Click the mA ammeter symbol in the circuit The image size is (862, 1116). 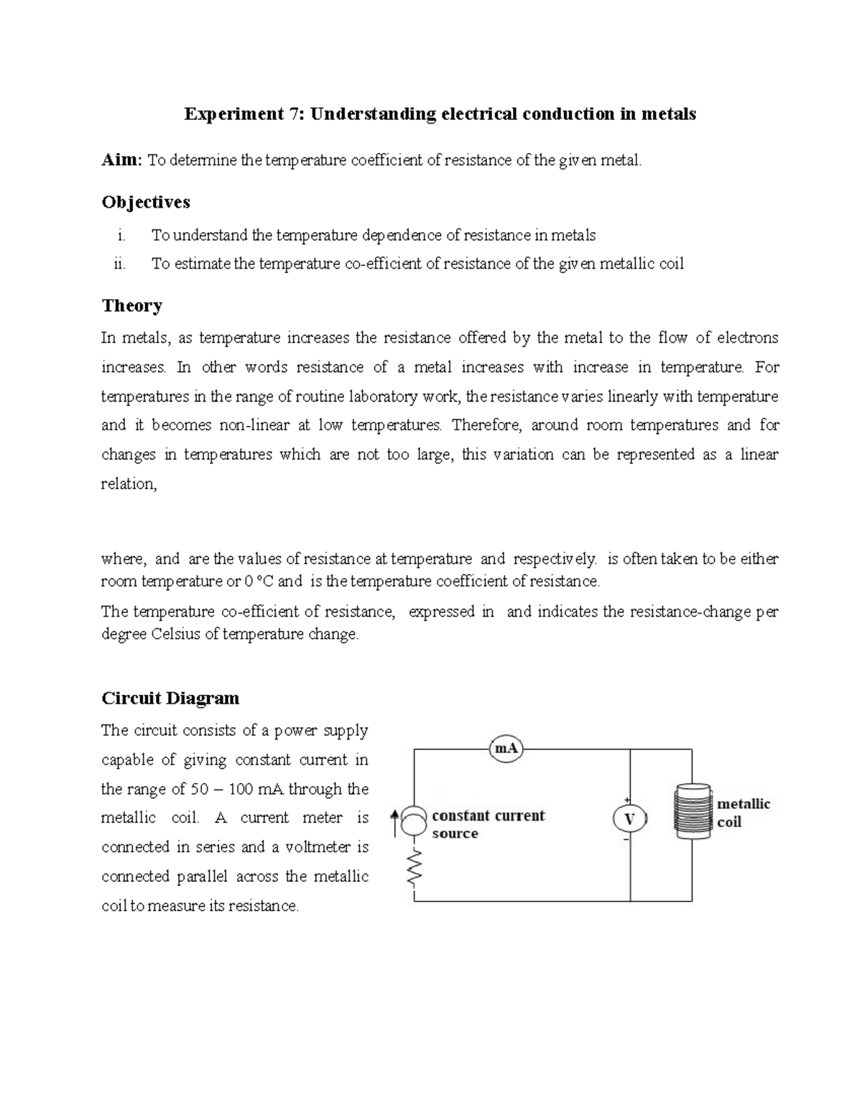coord(506,749)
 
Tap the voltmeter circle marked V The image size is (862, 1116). coord(630,818)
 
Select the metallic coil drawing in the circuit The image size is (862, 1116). coord(692,810)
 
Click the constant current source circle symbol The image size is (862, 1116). coord(414,820)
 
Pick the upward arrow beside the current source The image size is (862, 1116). coord(394,822)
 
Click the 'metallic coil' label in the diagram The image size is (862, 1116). coord(743,813)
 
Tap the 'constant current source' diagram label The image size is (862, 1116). coord(488,824)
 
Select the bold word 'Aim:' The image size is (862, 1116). coord(122,160)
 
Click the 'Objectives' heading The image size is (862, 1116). coord(146,202)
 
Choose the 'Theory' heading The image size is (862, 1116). coord(131,305)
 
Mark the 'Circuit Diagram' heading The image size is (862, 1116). coord(170,698)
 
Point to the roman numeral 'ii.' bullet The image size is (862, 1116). coord(119,264)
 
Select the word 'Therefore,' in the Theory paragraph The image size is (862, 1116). coord(486,425)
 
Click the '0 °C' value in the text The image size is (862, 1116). coord(255,581)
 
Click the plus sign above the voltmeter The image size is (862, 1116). coord(627,801)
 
